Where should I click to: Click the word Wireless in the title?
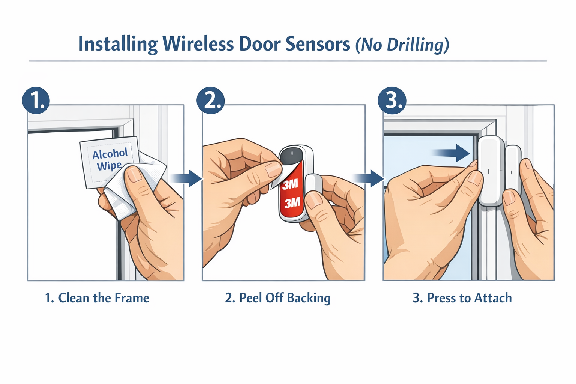click(x=198, y=44)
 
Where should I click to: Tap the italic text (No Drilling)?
click(x=402, y=45)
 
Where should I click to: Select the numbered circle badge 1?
click(x=36, y=100)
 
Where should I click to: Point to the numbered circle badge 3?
click(x=392, y=100)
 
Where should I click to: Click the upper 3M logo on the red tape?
click(x=290, y=184)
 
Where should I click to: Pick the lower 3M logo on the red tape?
click(x=292, y=203)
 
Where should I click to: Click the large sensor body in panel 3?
click(x=491, y=171)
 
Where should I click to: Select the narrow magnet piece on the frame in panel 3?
click(x=513, y=167)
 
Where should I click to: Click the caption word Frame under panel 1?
click(x=132, y=298)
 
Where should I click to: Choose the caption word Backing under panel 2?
click(x=309, y=298)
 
